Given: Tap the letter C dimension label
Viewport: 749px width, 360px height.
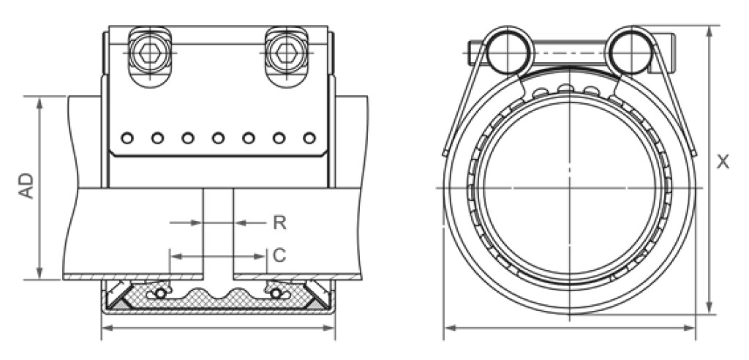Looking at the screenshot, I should coord(279,255).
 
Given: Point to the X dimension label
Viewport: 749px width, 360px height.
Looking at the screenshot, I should coord(723,162).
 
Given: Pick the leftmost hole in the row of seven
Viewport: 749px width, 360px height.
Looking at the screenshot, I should coord(127,138).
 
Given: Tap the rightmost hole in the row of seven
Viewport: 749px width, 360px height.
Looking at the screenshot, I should coord(309,138).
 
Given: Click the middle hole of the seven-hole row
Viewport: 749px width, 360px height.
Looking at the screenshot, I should coord(218,138).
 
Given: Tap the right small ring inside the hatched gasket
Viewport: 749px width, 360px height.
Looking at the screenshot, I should coord(276,293).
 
